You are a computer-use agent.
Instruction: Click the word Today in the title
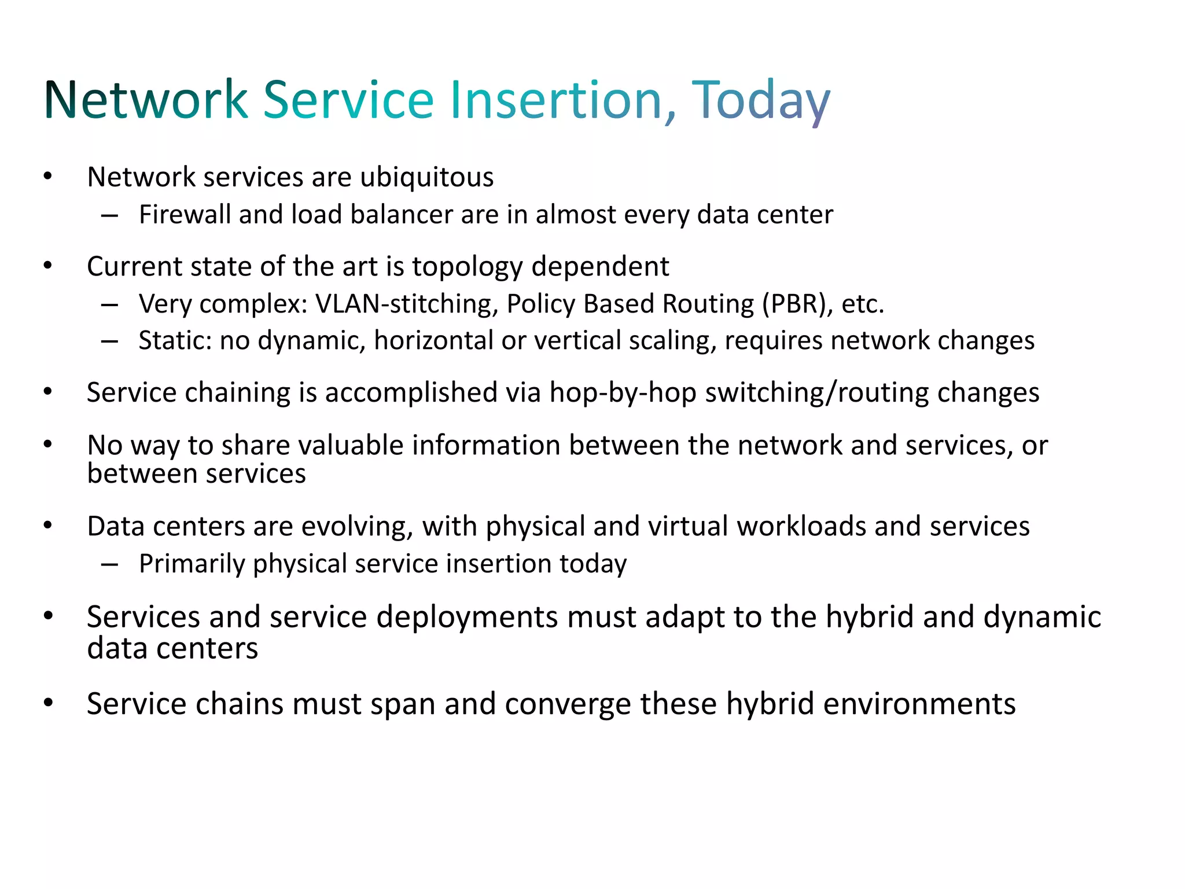click(761, 100)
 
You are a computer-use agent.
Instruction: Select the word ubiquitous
click(426, 178)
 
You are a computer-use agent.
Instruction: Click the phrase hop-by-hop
click(623, 393)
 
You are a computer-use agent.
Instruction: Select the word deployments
click(468, 617)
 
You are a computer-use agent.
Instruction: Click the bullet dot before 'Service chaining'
click(48, 392)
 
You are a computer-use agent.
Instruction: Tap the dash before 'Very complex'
click(109, 304)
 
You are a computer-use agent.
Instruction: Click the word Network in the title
click(146, 100)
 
